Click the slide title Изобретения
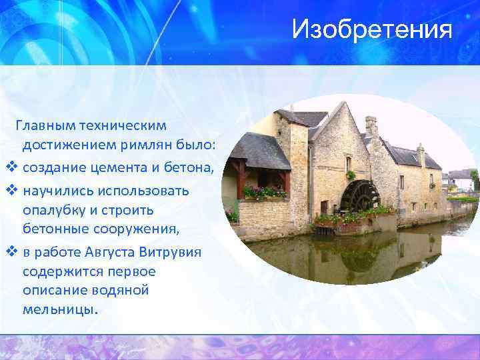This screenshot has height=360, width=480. (x=372, y=30)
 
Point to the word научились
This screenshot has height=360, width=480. (x=55, y=191)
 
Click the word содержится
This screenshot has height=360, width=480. (x=61, y=272)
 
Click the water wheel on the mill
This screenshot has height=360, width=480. (x=358, y=197)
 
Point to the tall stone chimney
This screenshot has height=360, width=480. (x=371, y=125)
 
